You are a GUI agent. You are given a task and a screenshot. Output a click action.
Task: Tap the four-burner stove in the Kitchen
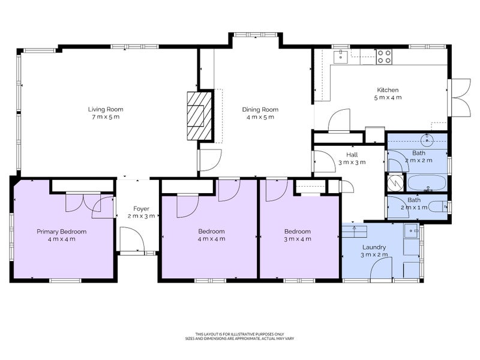pyautogui.click(x=385, y=57)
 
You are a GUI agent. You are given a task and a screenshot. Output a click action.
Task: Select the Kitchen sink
pyautogui.click(x=340, y=56)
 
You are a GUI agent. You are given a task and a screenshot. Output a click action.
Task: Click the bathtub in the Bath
pyautogui.click(x=427, y=182)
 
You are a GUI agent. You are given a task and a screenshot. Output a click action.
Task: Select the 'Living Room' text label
pyautogui.click(x=105, y=109)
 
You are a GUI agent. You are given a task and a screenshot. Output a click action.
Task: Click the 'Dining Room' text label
pyautogui.click(x=260, y=109)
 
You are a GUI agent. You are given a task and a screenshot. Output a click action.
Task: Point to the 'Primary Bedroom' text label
pyautogui.click(x=61, y=232)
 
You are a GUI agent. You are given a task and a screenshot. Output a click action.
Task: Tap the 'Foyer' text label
pyautogui.click(x=141, y=208)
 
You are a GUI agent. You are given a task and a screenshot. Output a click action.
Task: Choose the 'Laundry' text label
pyautogui.click(x=374, y=247)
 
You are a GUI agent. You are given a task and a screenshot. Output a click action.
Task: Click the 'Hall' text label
pyautogui.click(x=352, y=155)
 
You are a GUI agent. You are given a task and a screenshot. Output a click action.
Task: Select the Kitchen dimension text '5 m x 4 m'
pyautogui.click(x=388, y=97)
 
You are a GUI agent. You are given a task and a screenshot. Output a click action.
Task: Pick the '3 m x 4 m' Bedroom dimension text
pyautogui.click(x=298, y=239)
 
